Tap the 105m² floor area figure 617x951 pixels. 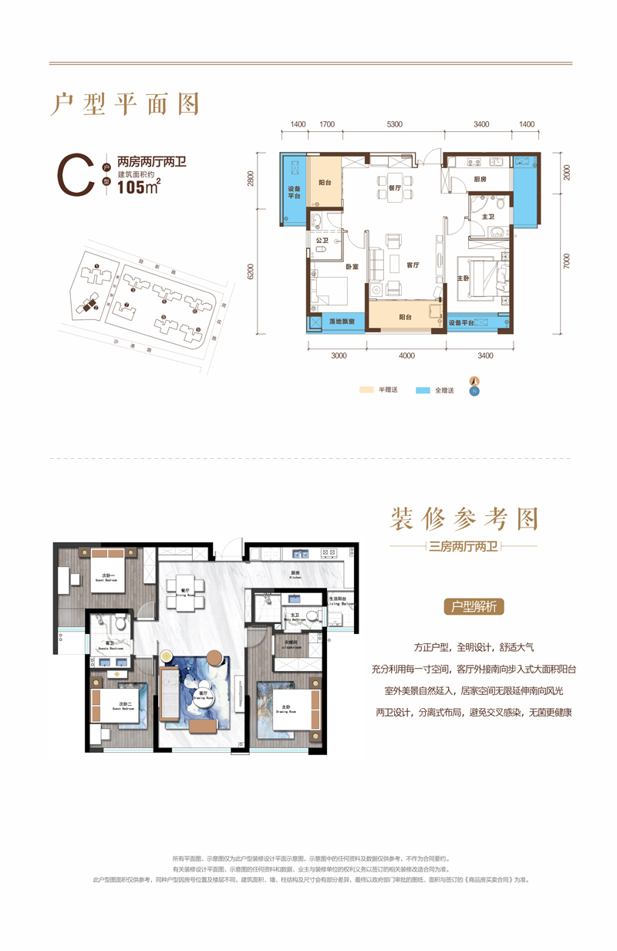[138, 191]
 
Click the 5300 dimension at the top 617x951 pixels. [394, 124]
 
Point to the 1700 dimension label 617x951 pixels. [326, 124]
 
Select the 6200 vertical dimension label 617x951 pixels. [251, 271]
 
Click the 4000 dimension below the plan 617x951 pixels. [407, 356]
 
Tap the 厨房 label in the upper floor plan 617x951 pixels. [480, 179]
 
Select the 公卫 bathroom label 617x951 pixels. [322, 240]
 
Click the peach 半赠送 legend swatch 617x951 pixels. [366, 390]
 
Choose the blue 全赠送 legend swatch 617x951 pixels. [423, 390]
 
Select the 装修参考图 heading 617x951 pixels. [464, 519]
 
